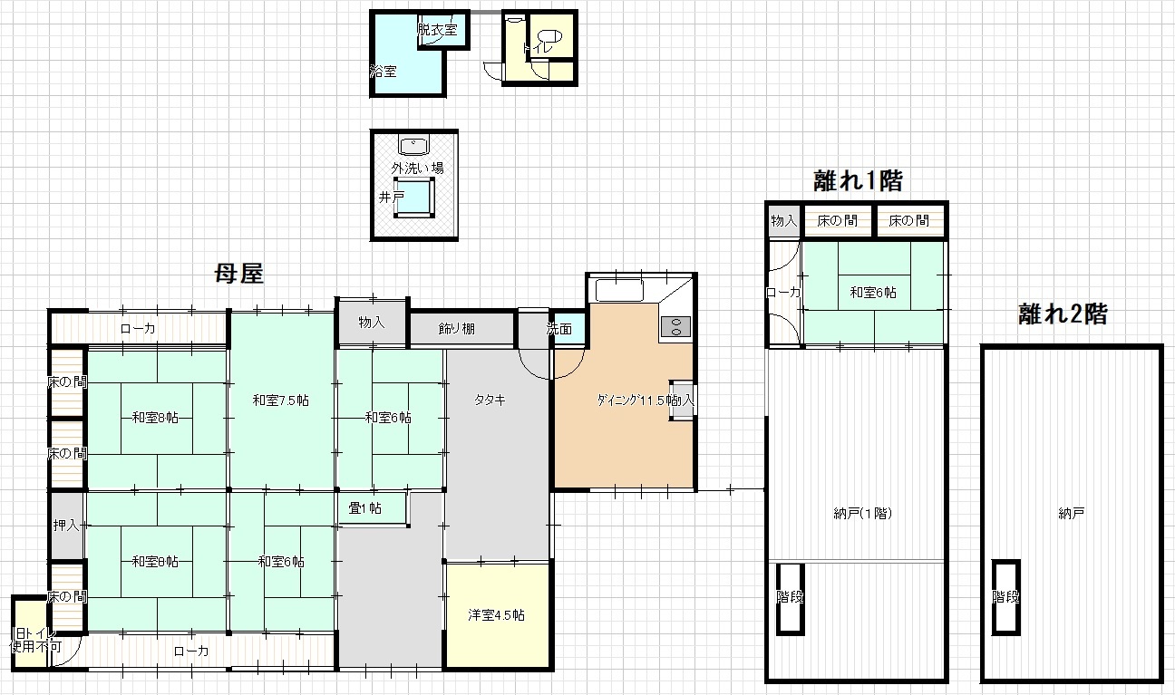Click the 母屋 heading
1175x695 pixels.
pyautogui.click(x=238, y=274)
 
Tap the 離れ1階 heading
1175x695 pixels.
pyautogui.click(x=857, y=181)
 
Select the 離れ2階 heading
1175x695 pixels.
pyautogui.click(x=1063, y=314)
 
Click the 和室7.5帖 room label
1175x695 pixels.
pyautogui.click(x=281, y=400)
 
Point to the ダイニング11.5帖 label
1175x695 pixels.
pyautogui.click(x=633, y=400)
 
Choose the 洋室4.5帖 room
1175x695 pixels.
pyautogui.click(x=496, y=615)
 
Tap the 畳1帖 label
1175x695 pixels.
pyautogui.click(x=364, y=508)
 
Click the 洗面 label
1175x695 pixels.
pyautogui.click(x=559, y=329)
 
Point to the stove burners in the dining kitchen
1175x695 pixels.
pyautogui.click(x=675, y=325)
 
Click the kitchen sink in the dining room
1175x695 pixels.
pyautogui.click(x=618, y=292)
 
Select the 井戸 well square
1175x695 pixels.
pyautogui.click(x=415, y=197)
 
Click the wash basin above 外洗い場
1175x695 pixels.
pyautogui.click(x=414, y=145)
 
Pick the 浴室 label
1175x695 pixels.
pyautogui.click(x=383, y=71)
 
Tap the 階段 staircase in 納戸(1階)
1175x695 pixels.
pyautogui.click(x=789, y=598)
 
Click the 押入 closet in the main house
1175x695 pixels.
pyautogui.click(x=66, y=525)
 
